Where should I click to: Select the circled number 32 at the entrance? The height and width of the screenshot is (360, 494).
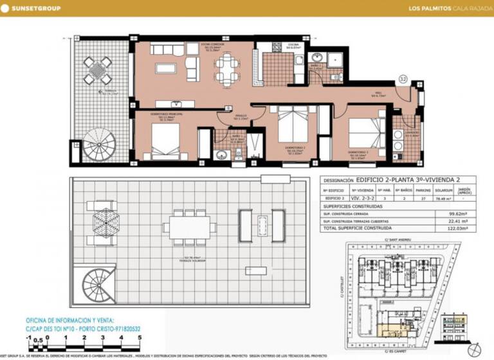[403, 79]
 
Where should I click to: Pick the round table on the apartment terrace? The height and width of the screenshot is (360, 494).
[97, 67]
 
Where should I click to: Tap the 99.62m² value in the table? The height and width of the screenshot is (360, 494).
[457, 213]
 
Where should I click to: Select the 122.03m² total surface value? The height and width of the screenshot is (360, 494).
[457, 228]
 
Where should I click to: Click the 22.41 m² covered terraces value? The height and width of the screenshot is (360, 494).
[457, 221]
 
